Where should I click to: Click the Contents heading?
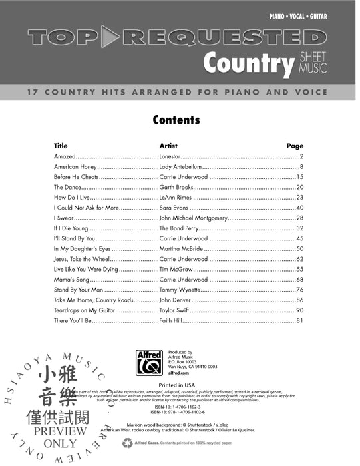click(176, 120)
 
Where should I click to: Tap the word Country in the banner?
click(248, 64)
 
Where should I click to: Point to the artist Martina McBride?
click(181, 249)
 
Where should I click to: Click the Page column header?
click(295, 145)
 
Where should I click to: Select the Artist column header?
click(168, 145)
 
